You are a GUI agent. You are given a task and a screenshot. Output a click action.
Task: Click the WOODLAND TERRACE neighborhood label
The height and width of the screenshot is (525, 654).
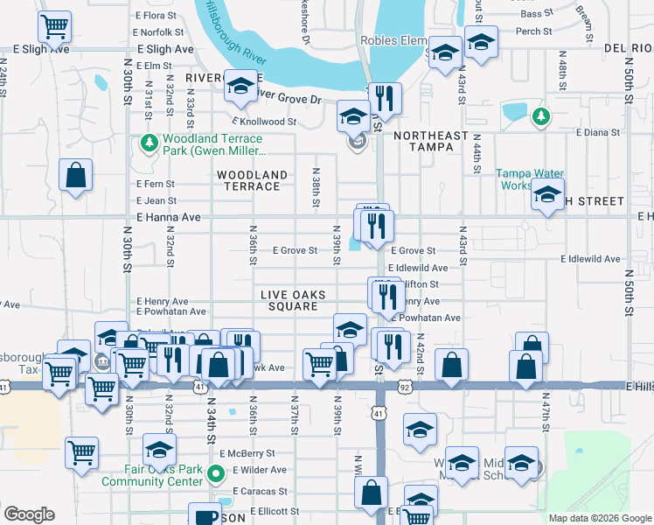pos(252,180)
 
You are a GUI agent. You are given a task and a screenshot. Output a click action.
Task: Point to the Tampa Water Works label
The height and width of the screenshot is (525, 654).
pos(526,178)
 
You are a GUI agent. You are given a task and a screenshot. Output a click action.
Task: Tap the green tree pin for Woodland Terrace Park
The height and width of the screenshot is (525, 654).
pos(148,142)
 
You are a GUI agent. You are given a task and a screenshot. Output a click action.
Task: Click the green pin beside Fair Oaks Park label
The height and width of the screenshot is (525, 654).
pos(217,475)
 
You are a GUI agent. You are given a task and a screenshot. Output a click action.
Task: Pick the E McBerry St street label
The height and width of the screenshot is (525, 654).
pos(247,453)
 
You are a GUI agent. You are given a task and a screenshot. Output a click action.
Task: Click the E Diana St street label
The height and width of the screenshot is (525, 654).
pos(597,132)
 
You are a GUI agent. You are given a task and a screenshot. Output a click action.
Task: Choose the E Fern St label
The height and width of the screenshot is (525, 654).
pos(156,184)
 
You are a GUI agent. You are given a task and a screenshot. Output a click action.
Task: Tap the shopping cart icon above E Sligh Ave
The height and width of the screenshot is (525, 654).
pos(55,26)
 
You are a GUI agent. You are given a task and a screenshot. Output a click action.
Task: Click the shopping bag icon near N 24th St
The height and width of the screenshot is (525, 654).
pos(76,174)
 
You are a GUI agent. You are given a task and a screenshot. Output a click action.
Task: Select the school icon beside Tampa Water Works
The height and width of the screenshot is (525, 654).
pos(548,195)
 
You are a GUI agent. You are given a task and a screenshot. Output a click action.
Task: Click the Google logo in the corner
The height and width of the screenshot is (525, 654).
pos(29,514)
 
